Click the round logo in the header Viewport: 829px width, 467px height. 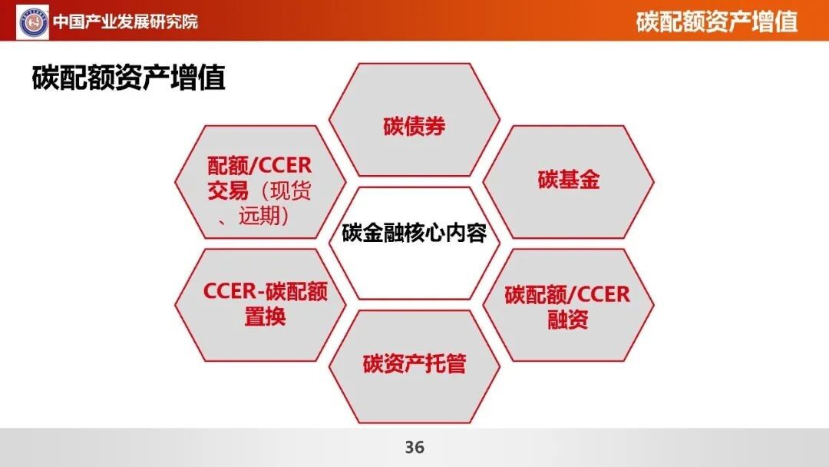[33, 22]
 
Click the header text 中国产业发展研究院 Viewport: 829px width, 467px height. [125, 22]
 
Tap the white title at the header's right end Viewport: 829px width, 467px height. [716, 22]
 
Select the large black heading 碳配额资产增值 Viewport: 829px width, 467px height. [128, 78]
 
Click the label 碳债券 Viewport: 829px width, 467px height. [414, 127]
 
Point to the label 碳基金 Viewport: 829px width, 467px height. [568, 180]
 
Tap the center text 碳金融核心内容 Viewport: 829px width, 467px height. [414, 233]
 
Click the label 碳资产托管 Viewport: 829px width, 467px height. [414, 364]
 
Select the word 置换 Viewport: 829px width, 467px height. [265, 316]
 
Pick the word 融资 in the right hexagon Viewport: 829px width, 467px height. [568, 320]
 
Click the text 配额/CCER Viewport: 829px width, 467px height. [259, 166]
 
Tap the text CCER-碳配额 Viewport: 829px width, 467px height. [265, 291]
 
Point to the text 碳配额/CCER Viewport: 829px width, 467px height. [567, 295]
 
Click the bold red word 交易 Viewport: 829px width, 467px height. [227, 191]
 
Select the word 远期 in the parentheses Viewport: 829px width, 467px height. [259, 216]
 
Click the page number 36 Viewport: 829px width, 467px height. [414, 448]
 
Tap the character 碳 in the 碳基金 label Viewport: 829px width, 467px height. [548, 180]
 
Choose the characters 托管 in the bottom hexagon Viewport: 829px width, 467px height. [445, 364]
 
